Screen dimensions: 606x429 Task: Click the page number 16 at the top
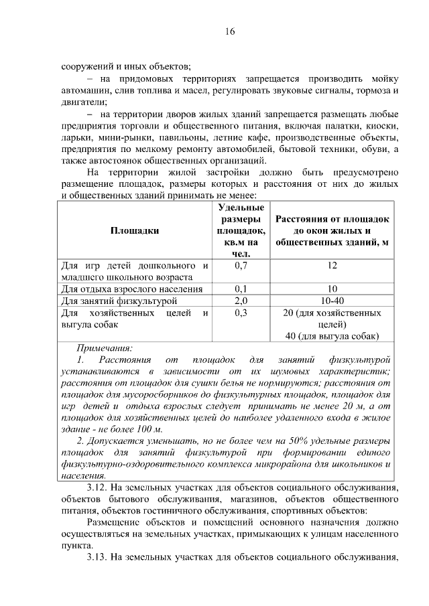(229, 31)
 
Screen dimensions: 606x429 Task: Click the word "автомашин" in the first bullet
(84, 90)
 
